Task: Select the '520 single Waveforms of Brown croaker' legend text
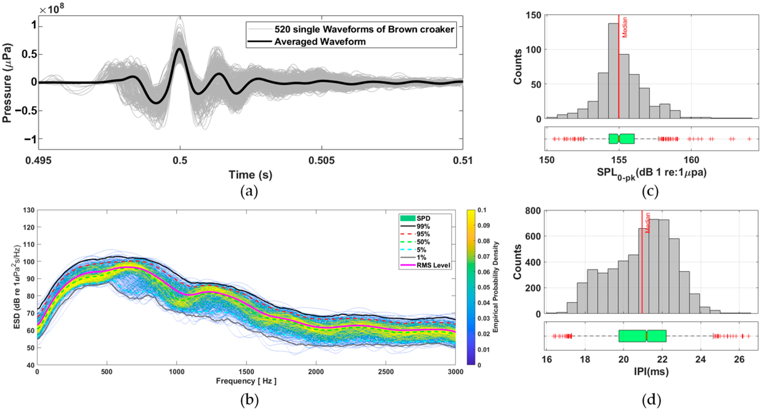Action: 364,29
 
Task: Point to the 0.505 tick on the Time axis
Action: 322,161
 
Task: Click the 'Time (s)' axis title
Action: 250,175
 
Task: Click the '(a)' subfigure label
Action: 249,192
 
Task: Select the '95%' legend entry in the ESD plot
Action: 423,234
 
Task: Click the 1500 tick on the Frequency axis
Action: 246,372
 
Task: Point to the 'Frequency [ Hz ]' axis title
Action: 246,381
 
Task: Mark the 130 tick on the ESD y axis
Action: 29,210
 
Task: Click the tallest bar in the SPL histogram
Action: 613,71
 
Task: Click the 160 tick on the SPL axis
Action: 692,160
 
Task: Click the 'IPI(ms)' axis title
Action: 651,372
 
